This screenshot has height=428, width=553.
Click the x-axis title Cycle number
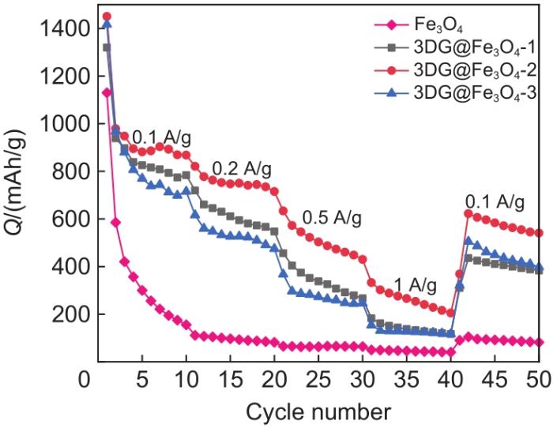(x=318, y=411)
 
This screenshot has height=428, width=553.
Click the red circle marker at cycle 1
(x=107, y=16)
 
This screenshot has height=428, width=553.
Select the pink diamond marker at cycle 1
(x=107, y=92)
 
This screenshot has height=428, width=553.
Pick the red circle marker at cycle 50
(x=540, y=233)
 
